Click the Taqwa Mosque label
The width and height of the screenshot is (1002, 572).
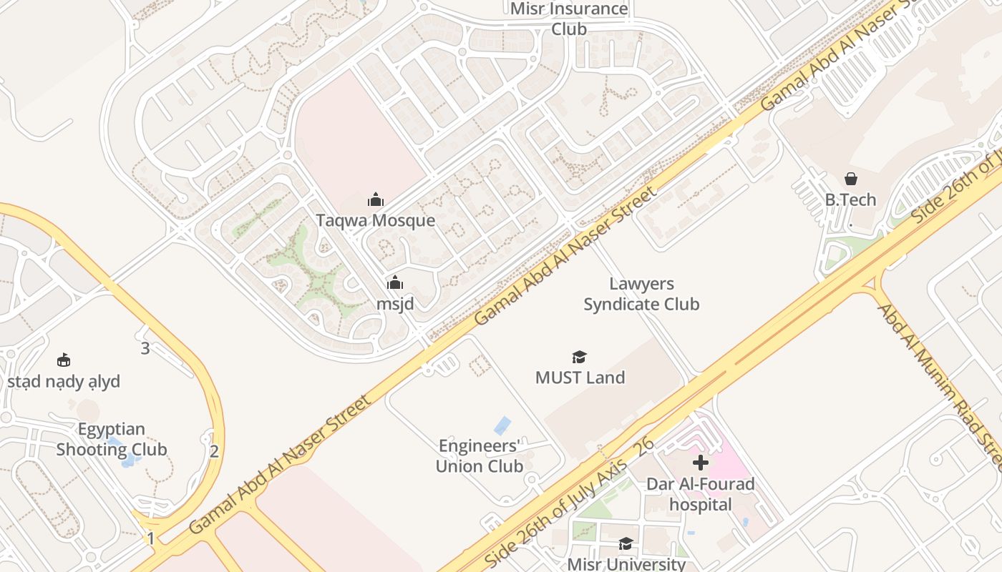click(x=376, y=220)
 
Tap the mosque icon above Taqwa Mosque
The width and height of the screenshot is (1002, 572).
click(x=376, y=200)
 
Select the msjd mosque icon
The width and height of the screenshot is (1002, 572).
click(x=395, y=283)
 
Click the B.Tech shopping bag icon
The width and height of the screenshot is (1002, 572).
click(x=851, y=179)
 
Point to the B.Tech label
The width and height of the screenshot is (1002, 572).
click(x=850, y=199)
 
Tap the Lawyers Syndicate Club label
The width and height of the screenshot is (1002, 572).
click(x=641, y=295)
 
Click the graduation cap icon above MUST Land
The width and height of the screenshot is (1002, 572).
click(x=580, y=357)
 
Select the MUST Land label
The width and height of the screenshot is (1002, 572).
click(x=580, y=378)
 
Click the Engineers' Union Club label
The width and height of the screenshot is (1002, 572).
click(x=480, y=456)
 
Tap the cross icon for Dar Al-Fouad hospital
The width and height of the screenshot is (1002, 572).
click(x=701, y=463)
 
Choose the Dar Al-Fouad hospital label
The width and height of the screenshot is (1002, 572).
click(x=701, y=494)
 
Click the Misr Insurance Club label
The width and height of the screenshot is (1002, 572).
click(x=569, y=19)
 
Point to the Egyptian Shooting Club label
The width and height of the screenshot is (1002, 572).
click(x=112, y=440)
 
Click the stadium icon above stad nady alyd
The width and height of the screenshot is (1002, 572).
click(x=64, y=360)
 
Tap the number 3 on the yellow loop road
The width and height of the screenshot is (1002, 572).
click(x=145, y=349)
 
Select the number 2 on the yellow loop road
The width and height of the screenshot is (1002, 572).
click(x=214, y=451)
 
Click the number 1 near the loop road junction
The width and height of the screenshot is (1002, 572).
click(x=151, y=538)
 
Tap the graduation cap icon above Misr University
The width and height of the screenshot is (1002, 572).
click(x=626, y=543)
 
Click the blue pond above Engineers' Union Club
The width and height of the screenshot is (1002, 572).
click(x=502, y=425)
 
